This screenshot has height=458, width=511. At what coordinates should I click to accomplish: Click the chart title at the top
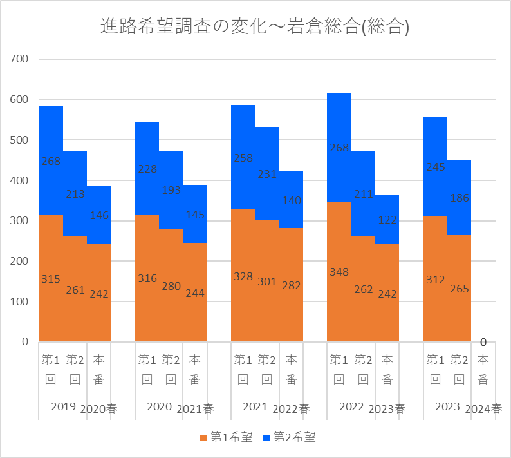point(256,26)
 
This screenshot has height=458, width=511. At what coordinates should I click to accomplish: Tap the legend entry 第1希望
point(225,437)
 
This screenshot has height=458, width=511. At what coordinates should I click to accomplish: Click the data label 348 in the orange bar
point(339,272)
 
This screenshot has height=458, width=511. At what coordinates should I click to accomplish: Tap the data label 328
point(243,276)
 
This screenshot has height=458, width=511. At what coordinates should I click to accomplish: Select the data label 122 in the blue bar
point(387,220)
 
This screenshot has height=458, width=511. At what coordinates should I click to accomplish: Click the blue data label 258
point(243,157)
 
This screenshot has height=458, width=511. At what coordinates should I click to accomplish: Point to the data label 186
point(460,198)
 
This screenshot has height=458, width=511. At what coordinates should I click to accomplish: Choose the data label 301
point(267,281)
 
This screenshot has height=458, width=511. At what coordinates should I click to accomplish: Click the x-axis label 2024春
point(483,408)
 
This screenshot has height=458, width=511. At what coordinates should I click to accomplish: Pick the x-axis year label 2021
point(255,406)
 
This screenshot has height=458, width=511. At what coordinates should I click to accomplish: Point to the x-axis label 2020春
point(98,408)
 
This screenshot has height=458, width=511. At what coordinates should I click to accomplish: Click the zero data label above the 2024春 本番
point(483,342)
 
